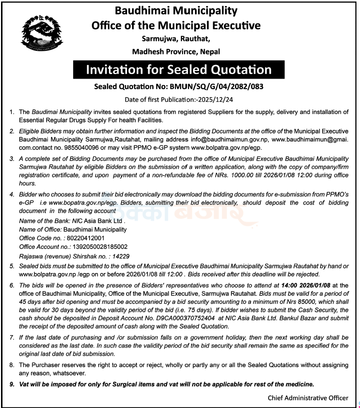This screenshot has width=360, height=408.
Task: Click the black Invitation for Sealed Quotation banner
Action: coord(179,69)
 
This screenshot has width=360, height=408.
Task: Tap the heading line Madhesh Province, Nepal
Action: coord(176,51)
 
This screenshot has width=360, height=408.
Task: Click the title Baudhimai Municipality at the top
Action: coord(176,11)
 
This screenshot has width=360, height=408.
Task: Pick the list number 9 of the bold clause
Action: coord(12,384)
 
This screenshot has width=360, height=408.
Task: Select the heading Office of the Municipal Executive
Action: coord(176,25)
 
